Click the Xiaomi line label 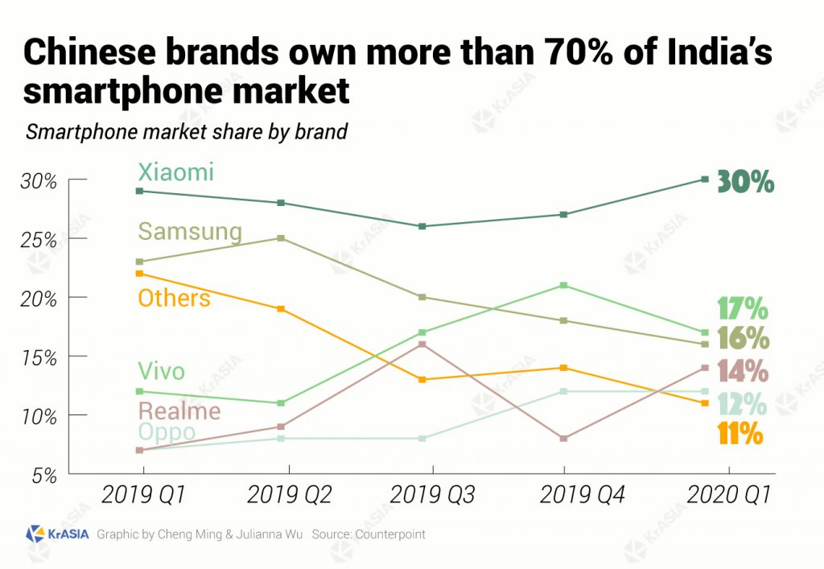click(x=175, y=172)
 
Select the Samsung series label click(x=189, y=232)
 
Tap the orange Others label click(x=174, y=299)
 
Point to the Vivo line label click(x=161, y=372)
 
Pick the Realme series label click(x=179, y=412)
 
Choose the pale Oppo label click(x=166, y=432)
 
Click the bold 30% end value click(x=745, y=182)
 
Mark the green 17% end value click(x=742, y=309)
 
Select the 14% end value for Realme click(x=742, y=371)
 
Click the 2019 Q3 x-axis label click(x=432, y=495)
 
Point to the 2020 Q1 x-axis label click(x=728, y=495)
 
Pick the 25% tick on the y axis click(x=40, y=240)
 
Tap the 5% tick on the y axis click(x=44, y=475)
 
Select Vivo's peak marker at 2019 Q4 click(x=564, y=285)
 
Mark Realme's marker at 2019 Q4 click(x=564, y=439)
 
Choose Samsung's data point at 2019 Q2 click(x=281, y=238)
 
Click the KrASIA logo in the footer click(x=56, y=534)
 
